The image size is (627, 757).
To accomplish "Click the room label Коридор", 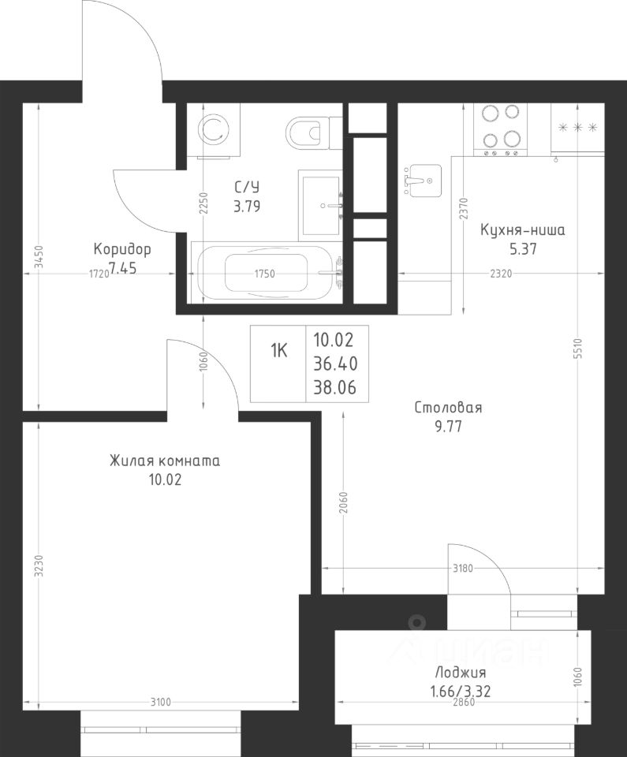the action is pyautogui.click(x=122, y=249).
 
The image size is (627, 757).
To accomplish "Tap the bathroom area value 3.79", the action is pyautogui.click(x=247, y=207).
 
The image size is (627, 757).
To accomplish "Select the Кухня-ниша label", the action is pyautogui.click(x=523, y=230).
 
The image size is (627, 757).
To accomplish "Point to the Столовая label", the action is pyautogui.click(x=448, y=408).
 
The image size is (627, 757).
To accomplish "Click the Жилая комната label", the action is pyautogui.click(x=165, y=461).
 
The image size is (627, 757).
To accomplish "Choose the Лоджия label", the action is pyautogui.click(x=461, y=672).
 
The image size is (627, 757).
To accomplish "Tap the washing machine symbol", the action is pyautogui.click(x=213, y=129).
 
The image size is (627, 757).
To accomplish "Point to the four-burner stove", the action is pyautogui.click(x=499, y=130).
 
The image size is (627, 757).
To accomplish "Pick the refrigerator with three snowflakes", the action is pyautogui.click(x=578, y=128).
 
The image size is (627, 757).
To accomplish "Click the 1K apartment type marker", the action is pyautogui.click(x=278, y=351).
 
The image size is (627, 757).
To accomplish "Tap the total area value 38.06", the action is pyautogui.click(x=335, y=387).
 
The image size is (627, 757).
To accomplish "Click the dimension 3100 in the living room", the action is pyautogui.click(x=160, y=702).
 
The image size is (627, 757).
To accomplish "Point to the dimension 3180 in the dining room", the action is pyautogui.click(x=462, y=569).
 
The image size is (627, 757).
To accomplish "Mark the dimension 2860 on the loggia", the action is pyautogui.click(x=463, y=702).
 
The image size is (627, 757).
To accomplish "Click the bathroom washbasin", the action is pyautogui.click(x=321, y=205).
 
